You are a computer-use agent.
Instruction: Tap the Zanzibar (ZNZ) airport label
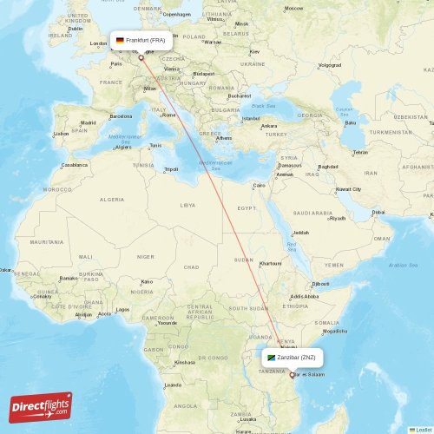point(296,357)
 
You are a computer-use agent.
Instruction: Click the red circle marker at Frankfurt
point(141,58)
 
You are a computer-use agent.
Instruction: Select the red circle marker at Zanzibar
point(292,375)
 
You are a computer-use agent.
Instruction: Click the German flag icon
point(120,40)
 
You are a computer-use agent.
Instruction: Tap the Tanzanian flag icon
point(271,357)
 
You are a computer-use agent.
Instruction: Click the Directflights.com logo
point(41,407)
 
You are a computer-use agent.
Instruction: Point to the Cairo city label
point(259,185)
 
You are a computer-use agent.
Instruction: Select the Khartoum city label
point(270,263)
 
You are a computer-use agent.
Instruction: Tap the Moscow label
point(294,8)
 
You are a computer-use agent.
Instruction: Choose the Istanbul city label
point(251,117)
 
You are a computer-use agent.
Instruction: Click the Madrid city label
point(88,123)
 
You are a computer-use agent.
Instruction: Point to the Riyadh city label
point(338,218)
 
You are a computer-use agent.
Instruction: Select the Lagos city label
point(122,310)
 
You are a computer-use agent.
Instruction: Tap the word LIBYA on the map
point(187,206)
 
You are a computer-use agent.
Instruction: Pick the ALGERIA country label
point(111,200)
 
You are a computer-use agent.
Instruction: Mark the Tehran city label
point(360,152)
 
